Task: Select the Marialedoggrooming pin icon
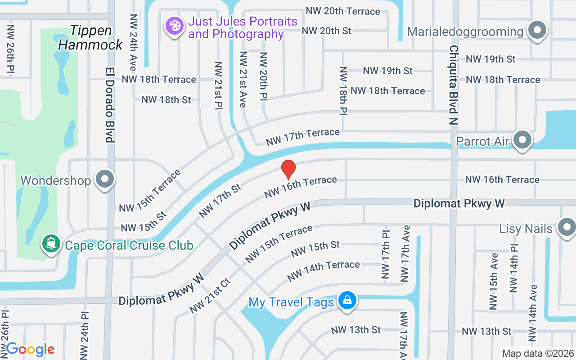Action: pyautogui.click(x=537, y=30)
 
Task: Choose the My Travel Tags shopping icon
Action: pyautogui.click(x=347, y=300)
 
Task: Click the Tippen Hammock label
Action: pyautogui.click(x=90, y=37)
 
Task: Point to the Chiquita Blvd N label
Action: pyautogui.click(x=453, y=85)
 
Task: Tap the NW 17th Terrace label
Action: pyautogui.click(x=302, y=137)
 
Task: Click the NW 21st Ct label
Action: pyautogui.click(x=210, y=296)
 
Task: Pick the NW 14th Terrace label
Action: pyautogui.click(x=323, y=270)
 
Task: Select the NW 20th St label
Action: pyautogui.click(x=326, y=31)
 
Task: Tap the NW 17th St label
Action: pyautogui.click(x=221, y=200)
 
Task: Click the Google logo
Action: pyautogui.click(x=30, y=349)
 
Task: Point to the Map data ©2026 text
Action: pyautogui.click(x=538, y=354)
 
